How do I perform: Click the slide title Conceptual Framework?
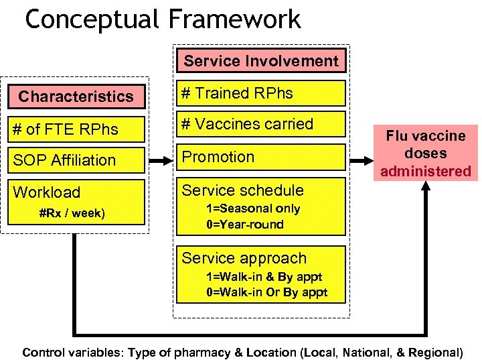tap(163, 19)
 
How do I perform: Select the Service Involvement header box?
tap(261, 61)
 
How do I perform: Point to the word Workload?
tap(47, 192)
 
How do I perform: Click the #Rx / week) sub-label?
tap(71, 214)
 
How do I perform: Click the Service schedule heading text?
tap(242, 190)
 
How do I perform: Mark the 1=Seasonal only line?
tap(253, 208)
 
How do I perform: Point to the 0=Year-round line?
tap(245, 225)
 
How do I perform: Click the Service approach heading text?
tap(244, 258)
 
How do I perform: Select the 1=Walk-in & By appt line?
tap(264, 277)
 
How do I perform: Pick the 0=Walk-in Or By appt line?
tap(266, 293)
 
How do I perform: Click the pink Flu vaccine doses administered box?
tap(426, 153)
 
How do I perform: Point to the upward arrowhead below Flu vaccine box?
tap(427, 192)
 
